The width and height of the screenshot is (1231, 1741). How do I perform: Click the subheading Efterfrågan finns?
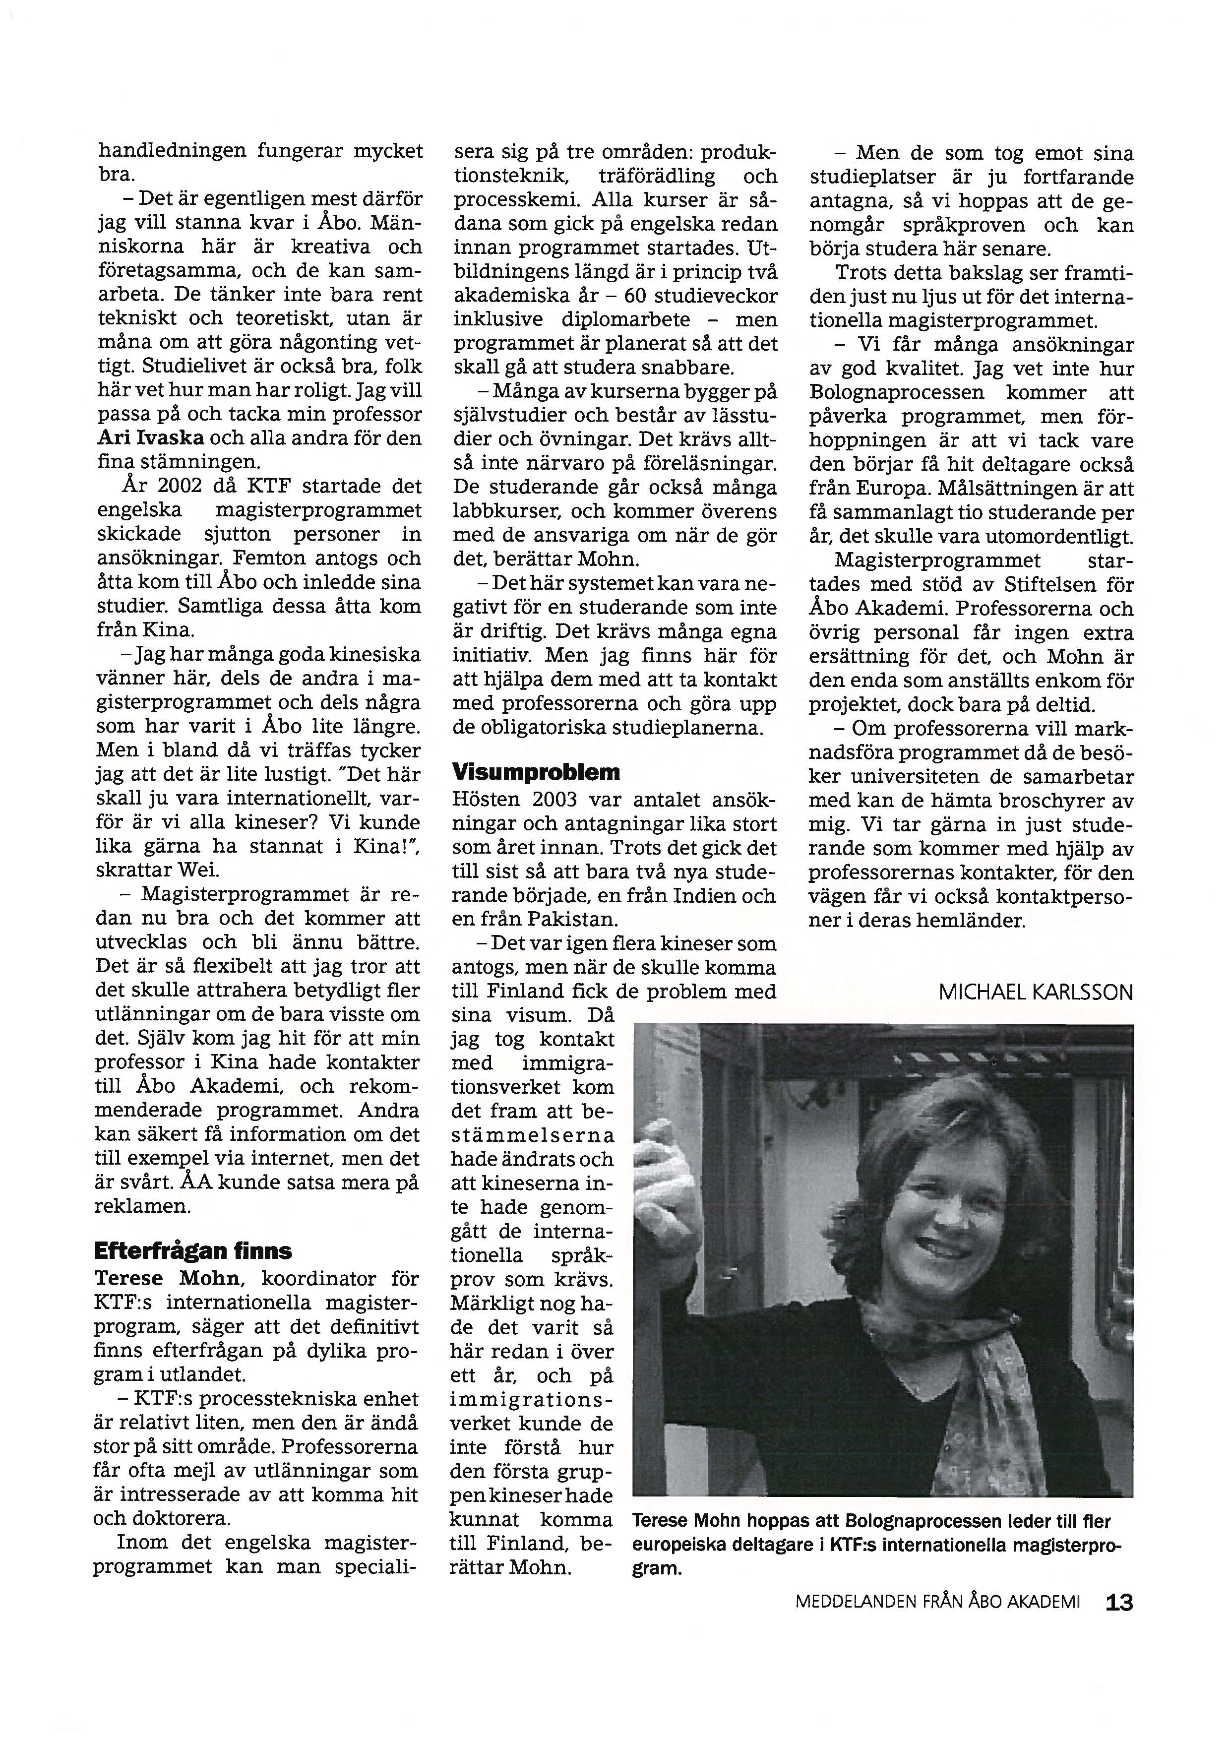(x=192, y=1250)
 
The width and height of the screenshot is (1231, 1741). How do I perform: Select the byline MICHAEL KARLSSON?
(x=1036, y=992)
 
